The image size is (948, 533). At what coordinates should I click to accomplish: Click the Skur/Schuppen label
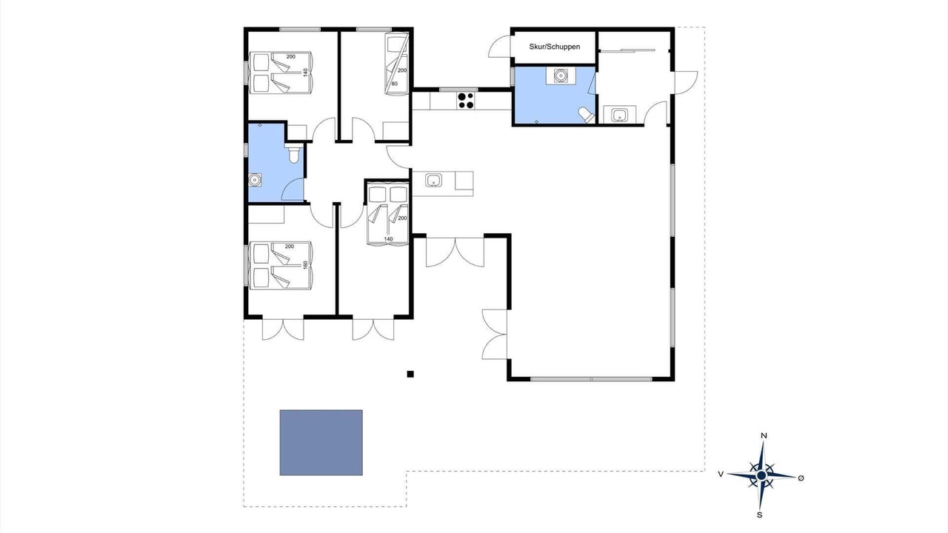click(555, 47)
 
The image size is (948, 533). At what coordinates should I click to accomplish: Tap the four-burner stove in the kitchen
click(466, 101)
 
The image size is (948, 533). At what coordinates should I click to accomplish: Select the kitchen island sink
click(433, 180)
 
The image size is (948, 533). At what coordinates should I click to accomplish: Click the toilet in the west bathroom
click(293, 153)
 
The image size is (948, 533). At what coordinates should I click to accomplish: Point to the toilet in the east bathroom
click(587, 115)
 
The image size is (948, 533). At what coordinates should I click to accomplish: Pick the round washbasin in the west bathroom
click(254, 180)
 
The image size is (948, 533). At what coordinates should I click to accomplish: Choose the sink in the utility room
click(620, 114)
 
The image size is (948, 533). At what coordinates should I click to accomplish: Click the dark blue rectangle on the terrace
click(321, 443)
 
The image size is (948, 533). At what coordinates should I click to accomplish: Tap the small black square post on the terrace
click(410, 374)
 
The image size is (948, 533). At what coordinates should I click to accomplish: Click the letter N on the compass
click(764, 436)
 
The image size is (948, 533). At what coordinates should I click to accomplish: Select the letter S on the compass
click(760, 514)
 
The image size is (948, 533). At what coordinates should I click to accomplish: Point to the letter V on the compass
click(721, 475)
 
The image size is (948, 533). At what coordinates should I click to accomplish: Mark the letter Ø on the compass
click(801, 478)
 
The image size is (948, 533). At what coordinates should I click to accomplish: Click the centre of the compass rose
click(761, 475)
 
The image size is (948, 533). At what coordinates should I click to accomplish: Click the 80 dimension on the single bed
click(395, 84)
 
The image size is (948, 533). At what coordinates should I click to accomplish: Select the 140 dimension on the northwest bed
click(305, 73)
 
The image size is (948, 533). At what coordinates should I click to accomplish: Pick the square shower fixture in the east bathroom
click(561, 76)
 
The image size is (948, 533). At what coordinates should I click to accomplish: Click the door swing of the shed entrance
click(499, 47)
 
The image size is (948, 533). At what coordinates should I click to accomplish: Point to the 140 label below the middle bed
click(389, 239)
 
